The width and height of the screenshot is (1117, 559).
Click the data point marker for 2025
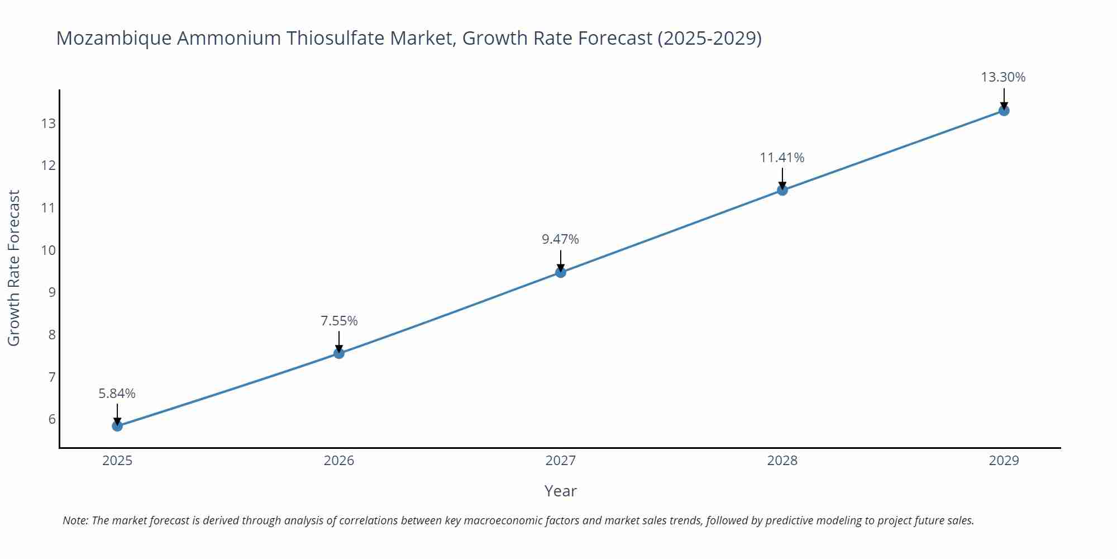pos(117,426)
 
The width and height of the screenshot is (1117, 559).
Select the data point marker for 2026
pos(339,353)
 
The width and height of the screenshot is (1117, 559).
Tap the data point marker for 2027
pos(561,272)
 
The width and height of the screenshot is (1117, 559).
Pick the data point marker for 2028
pos(782,190)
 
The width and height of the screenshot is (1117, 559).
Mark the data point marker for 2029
pos(1004,111)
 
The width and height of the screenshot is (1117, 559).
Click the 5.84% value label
pos(117,394)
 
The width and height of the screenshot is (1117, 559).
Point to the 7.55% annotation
pos(339,321)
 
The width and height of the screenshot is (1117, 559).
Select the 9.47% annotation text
pos(561,239)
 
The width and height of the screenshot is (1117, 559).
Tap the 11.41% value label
pos(782,158)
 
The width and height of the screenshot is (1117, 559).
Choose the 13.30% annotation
pos(1003,77)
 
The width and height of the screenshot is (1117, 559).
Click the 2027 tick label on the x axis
pos(561,461)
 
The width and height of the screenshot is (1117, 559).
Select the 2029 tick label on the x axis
pos(1004,461)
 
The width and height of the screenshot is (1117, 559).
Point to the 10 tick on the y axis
pos(49,250)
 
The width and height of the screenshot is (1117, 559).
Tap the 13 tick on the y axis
pos(49,123)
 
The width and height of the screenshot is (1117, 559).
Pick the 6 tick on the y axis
pos(52,419)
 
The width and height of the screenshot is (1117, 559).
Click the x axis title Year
pos(561,491)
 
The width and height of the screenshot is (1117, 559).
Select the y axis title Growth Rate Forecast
pos(14,268)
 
